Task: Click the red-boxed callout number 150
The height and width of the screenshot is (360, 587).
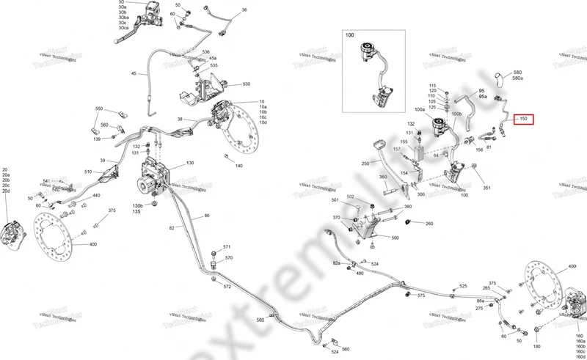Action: point(523,119)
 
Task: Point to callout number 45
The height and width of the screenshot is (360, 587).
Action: point(134,74)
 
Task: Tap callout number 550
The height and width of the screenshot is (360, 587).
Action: point(99,109)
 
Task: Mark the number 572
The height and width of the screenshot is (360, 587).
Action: point(227,286)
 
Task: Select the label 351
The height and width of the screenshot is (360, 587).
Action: point(486,188)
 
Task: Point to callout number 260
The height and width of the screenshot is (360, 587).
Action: point(429,224)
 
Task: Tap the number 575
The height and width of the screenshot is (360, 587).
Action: point(421,295)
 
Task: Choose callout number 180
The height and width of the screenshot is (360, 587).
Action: point(536,346)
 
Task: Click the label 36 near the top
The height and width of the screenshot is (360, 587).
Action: point(244,10)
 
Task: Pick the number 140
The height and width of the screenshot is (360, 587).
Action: point(238,166)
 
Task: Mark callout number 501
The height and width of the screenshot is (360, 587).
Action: point(335,200)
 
